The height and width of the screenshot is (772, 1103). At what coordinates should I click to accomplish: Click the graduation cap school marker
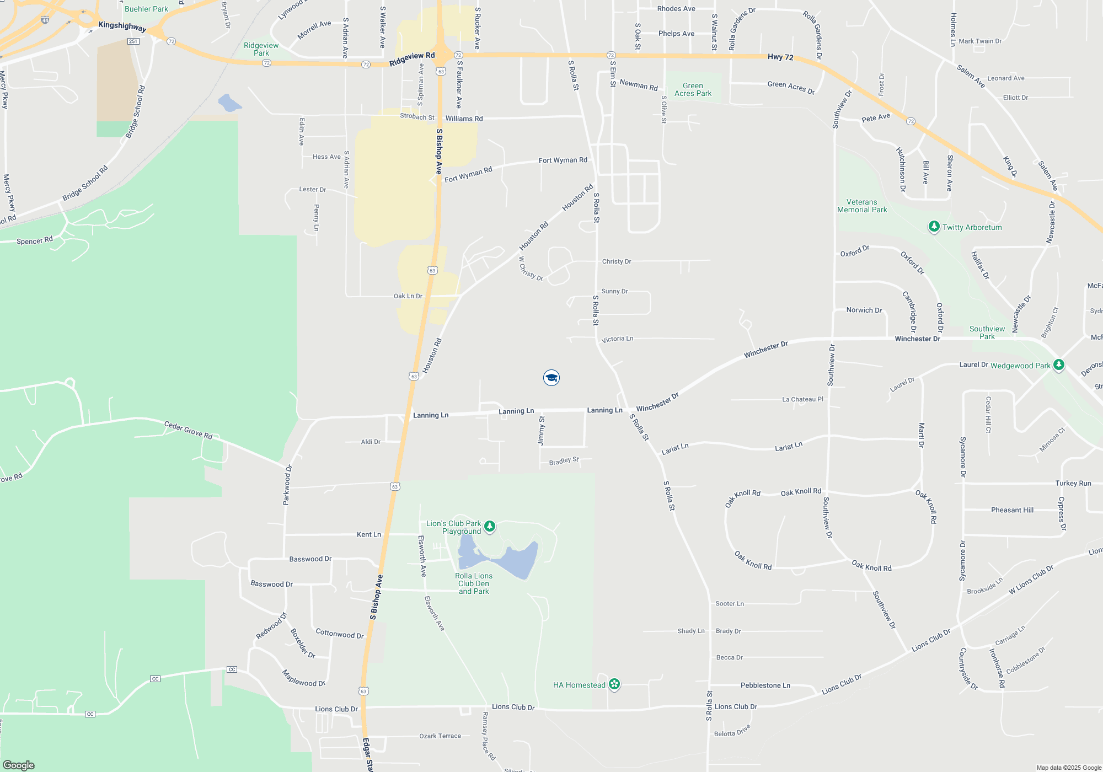(551, 378)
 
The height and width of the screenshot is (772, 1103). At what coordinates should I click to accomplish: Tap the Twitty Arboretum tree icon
(934, 227)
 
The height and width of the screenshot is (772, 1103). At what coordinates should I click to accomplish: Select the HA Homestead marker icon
(614, 684)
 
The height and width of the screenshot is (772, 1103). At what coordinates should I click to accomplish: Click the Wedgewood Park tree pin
(1058, 365)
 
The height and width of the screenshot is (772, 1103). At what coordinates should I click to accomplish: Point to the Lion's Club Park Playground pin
(489, 526)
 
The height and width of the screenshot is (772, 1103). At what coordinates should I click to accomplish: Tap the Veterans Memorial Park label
(862, 206)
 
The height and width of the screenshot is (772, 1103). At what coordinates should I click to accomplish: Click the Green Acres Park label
(693, 89)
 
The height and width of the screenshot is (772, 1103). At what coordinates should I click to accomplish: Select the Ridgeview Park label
(261, 49)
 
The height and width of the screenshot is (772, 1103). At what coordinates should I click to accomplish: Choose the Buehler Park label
(146, 9)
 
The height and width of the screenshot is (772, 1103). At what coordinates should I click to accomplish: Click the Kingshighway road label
(122, 26)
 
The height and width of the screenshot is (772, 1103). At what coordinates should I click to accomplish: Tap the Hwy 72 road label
(780, 57)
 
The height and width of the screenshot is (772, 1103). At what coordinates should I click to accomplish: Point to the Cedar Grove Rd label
(188, 430)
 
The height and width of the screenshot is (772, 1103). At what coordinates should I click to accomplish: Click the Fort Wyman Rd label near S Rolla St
(563, 160)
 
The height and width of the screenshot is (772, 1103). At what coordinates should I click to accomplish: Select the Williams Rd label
(464, 119)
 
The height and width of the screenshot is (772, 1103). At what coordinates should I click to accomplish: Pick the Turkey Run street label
(1073, 483)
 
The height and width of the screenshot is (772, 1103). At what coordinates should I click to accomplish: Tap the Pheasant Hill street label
(1012, 510)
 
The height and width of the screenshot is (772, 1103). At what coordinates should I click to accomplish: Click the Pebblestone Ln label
(765, 685)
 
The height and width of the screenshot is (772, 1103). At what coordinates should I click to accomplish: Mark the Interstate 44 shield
(45, 20)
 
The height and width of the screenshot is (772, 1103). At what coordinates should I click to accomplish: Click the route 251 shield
(133, 41)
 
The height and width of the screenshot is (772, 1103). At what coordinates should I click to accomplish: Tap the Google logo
(19, 765)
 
